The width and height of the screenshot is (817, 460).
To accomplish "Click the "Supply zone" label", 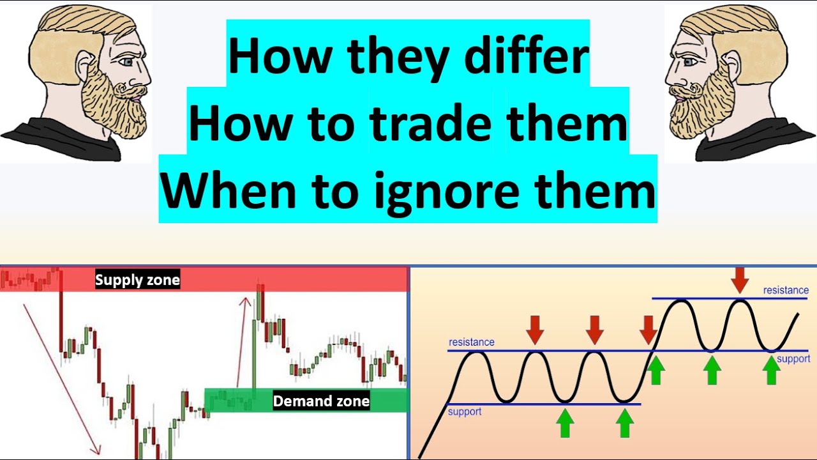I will point(137,280).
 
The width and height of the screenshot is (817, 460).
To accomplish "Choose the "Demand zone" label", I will point(321,401).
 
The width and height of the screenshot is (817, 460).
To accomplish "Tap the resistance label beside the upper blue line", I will point(786,290).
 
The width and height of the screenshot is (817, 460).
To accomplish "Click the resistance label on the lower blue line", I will point(471,342).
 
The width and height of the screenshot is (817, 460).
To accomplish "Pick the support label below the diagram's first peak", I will point(465,411).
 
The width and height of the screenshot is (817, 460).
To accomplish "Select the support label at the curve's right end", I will point(793,358).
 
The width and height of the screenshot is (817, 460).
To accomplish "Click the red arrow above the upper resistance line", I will point(739,280).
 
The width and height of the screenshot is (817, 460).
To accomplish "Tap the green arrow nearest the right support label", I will point(771,369).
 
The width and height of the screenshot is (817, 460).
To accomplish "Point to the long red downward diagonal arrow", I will point(62,377).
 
